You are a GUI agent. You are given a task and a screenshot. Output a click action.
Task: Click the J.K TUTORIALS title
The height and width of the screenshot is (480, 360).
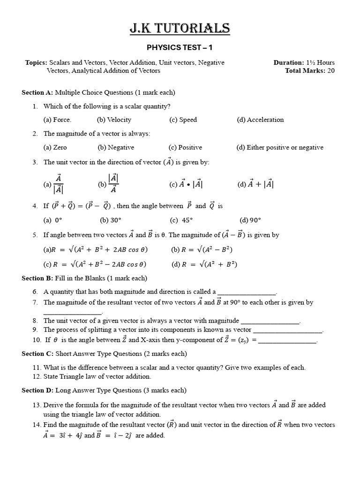180,29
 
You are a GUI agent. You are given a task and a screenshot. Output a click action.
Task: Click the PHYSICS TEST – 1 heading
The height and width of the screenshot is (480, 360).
180,47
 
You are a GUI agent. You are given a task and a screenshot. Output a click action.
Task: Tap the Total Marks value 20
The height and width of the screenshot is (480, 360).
330,71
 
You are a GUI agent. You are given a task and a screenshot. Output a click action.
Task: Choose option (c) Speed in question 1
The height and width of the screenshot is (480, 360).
183,120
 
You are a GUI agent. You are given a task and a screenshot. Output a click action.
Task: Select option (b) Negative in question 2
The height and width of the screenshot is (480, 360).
116,147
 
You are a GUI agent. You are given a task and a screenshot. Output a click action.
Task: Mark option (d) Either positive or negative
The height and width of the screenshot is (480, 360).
280,147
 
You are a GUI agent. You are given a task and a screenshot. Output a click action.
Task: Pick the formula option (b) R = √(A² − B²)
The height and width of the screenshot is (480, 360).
202,249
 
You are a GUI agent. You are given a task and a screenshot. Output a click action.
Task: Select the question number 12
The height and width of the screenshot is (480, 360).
37,376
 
